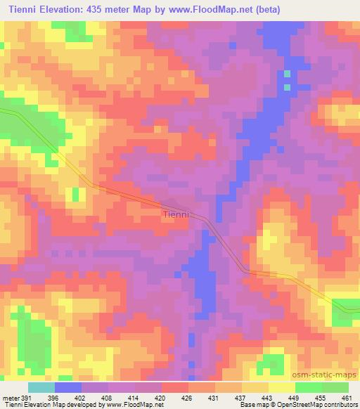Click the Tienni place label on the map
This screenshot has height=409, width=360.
tap(175, 215)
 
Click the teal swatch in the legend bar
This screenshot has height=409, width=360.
tap(41, 387)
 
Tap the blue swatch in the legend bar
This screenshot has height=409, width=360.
tap(67, 387)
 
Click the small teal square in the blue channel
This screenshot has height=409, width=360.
tap(287, 74)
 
